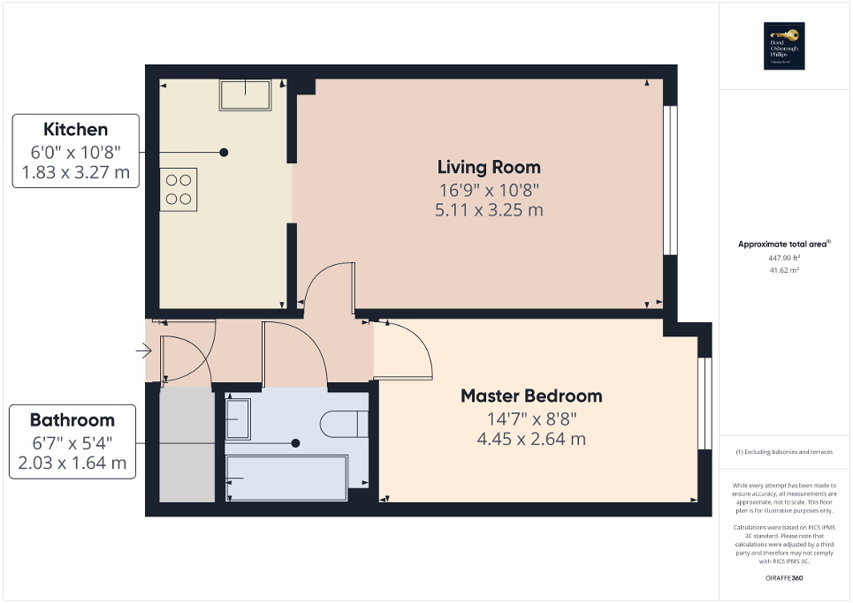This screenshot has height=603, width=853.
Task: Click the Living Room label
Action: (x=489, y=167)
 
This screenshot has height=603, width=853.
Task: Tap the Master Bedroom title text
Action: (x=530, y=396)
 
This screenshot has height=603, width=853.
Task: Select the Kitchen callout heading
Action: (x=75, y=130)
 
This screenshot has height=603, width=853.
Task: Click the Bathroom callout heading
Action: (x=72, y=419)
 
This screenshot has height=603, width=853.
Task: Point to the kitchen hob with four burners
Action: (x=178, y=189)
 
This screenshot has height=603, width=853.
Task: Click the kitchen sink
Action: (x=245, y=94)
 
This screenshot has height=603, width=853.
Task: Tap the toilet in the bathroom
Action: (x=345, y=424)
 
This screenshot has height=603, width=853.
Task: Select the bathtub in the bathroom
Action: (x=286, y=479)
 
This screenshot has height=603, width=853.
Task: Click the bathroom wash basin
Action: (x=238, y=418)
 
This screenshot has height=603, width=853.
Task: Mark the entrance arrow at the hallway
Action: (x=143, y=352)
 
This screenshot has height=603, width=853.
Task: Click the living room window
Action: (x=670, y=181)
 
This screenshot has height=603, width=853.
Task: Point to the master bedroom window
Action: (x=704, y=403)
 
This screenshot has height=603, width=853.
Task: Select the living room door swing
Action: (x=330, y=288)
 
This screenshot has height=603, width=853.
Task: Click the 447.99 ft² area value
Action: (x=784, y=258)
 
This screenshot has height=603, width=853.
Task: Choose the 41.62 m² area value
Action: (x=784, y=270)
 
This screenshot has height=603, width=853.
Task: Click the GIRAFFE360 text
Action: (x=784, y=577)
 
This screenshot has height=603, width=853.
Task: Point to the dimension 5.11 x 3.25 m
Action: (x=489, y=210)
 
